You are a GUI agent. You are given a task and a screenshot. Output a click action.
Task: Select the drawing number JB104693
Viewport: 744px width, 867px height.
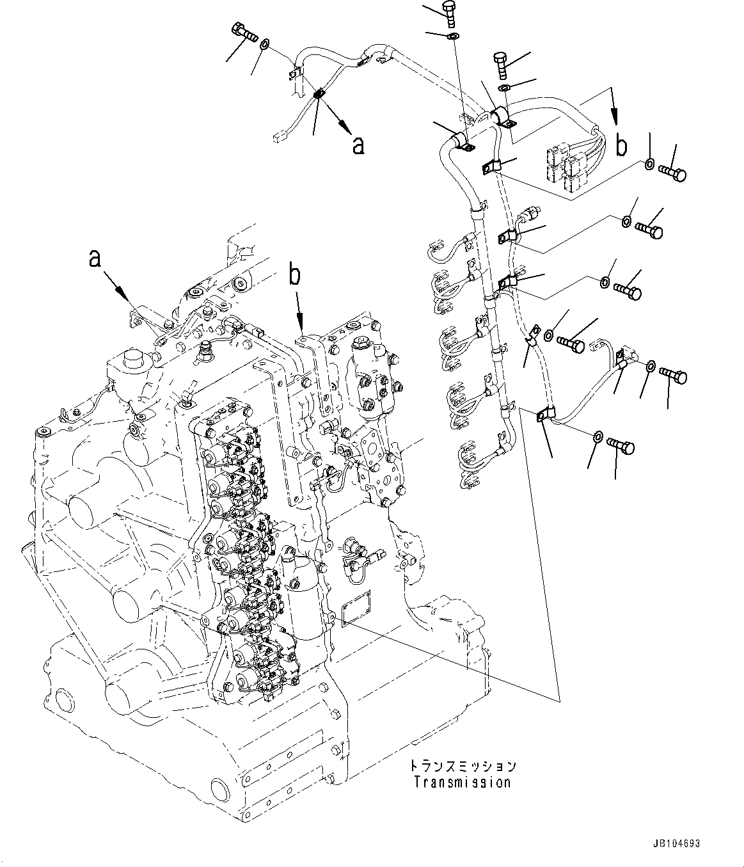coord(677,844)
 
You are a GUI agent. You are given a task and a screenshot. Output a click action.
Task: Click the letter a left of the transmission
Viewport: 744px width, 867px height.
coord(95,258)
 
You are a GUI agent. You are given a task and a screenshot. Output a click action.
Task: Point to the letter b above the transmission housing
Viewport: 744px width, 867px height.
coord(294,276)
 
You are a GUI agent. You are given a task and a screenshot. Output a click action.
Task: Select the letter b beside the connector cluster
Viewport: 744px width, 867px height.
coord(620,145)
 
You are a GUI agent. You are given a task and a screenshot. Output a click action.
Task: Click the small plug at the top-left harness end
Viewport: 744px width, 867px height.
coord(276,136)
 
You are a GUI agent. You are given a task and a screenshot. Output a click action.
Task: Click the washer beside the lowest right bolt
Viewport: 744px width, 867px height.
coord(596,437)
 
